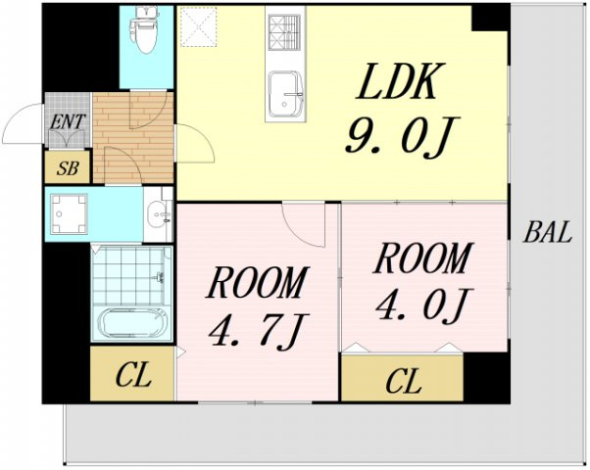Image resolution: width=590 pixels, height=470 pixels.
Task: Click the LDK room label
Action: point(400,81)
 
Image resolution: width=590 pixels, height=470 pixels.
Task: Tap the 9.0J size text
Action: point(401,136)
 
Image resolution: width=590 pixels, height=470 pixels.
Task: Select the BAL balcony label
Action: point(548,232)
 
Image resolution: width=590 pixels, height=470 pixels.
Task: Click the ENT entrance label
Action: point(68,121)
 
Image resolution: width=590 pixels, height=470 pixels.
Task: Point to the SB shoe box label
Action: point(68,168)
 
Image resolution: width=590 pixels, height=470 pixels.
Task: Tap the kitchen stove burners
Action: point(285,32)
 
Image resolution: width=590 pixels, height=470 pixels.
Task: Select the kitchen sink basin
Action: point(285,94)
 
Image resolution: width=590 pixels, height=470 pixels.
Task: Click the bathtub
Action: point(131,323)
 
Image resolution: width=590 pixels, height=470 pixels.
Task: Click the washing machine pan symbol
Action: point(69,214)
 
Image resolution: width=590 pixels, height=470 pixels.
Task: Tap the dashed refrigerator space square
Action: point(198,26)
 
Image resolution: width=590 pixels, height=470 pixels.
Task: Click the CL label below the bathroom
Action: point(133,374)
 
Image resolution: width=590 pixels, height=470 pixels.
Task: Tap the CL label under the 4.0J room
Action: point(404,381)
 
